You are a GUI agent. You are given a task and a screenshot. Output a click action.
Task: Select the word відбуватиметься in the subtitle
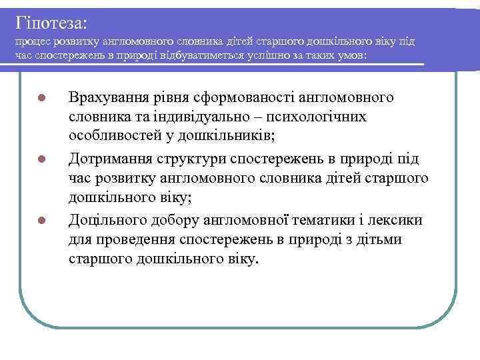point(202,55)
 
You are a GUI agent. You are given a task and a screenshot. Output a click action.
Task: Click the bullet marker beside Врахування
point(41,99)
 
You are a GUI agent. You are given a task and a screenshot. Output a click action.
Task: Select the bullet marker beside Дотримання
point(41,159)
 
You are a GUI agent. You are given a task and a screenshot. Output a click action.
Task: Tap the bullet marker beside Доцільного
point(41,221)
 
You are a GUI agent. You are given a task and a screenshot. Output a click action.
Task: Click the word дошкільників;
point(223,137)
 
